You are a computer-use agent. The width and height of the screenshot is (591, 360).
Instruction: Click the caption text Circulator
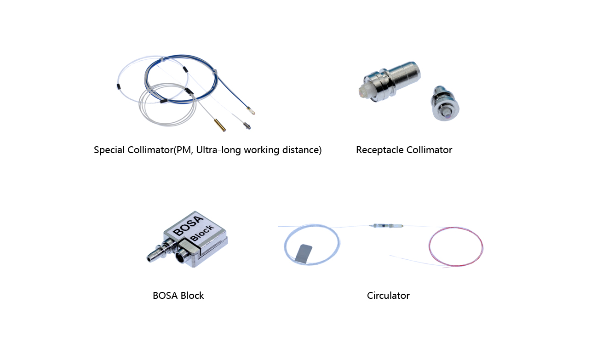pos(388,296)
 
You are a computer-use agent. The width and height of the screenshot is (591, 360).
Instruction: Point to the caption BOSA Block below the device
pos(178,296)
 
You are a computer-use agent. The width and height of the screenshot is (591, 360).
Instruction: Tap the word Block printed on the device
pos(202,233)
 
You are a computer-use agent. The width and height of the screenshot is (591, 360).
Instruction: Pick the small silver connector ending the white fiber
pos(247,125)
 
